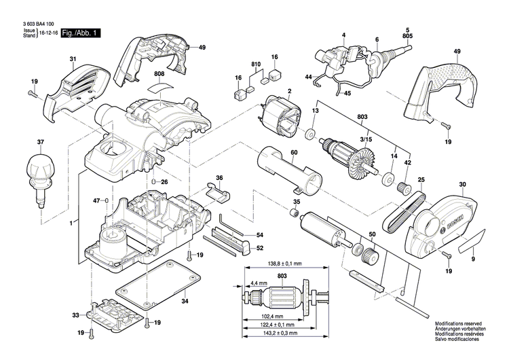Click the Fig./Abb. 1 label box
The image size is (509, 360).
tap(80, 32)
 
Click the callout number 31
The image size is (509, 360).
tap(73, 59)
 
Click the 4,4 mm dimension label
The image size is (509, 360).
tap(259, 283)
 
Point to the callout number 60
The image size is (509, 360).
tap(294, 153)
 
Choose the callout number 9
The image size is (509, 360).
tap(474, 259)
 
